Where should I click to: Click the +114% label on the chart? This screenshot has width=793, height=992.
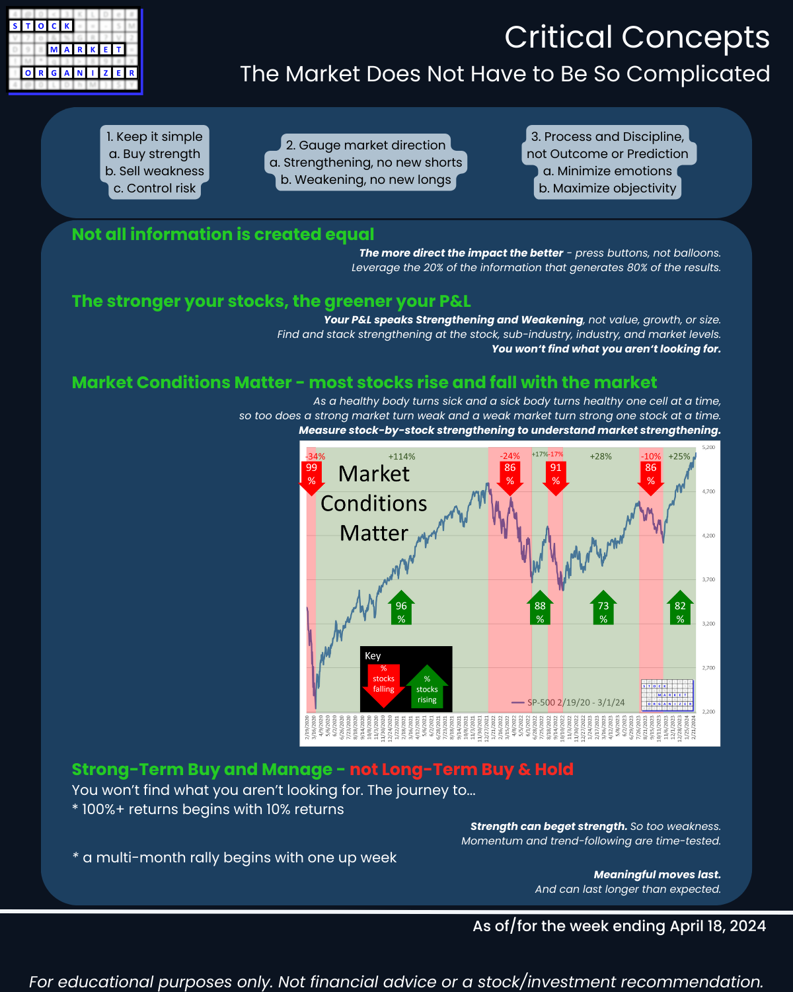(402, 456)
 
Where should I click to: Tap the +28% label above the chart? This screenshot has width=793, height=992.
(601, 456)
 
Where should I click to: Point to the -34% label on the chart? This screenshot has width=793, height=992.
(315, 456)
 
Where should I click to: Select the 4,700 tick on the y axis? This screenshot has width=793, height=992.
(708, 491)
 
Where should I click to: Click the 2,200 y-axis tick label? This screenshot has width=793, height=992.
(708, 712)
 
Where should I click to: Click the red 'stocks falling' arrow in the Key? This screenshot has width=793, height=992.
(383, 684)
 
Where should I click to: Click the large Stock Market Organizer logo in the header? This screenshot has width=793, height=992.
(74, 51)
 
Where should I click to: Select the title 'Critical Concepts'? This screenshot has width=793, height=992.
(637, 37)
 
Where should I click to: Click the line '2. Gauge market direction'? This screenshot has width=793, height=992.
(365, 145)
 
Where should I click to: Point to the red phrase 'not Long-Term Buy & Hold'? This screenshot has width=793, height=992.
(461, 769)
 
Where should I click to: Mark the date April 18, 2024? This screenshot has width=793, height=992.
(718, 926)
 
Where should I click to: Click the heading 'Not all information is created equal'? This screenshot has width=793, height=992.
(223, 234)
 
